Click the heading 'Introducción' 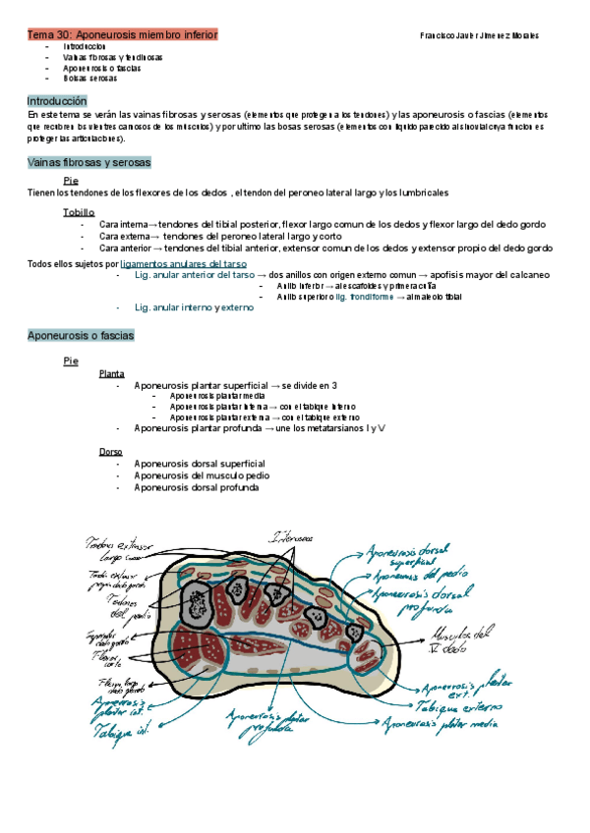[57, 101]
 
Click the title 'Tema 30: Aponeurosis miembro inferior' [122, 34]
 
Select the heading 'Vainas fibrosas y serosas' [88, 162]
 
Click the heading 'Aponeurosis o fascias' [81, 336]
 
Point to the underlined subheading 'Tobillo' [79, 212]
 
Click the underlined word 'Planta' [111, 374]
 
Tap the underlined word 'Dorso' [110, 451]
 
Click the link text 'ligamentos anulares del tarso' [184, 263]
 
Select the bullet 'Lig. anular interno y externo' [194, 307]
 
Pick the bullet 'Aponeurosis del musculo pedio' [201, 475]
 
